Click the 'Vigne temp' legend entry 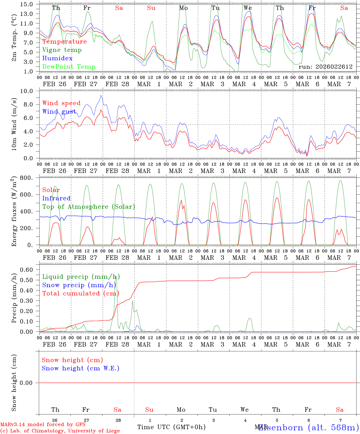coord(62,50)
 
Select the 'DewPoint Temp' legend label coord(69,67)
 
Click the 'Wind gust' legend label coord(59,112)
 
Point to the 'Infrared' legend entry coord(56,198)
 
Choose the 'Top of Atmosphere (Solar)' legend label coord(89,207)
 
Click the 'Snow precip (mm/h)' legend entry coord(79,285)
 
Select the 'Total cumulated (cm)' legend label coord(81,294)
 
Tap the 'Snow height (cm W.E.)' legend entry coord(81,368)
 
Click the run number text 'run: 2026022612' coord(325,67)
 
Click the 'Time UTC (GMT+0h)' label coord(171,427)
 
